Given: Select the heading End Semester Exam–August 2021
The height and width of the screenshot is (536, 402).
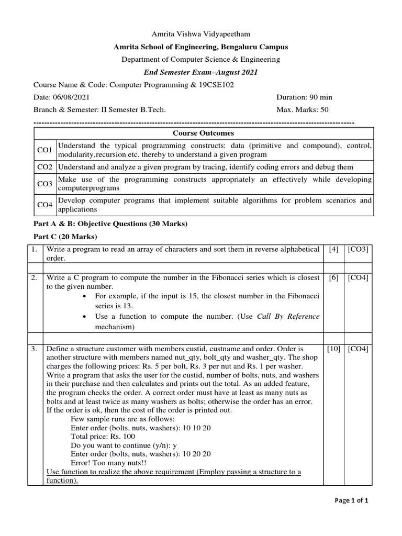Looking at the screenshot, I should (x=201, y=72).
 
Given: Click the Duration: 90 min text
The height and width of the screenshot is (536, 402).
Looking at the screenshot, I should (x=304, y=97).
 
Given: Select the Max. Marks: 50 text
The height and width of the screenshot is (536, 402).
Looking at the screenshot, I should (x=303, y=110).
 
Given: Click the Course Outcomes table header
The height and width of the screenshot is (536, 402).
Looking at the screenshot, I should (x=201, y=133).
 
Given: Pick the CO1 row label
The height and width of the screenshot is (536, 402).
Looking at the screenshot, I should (x=44, y=150).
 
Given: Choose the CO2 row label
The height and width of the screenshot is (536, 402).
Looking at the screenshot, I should (x=44, y=167).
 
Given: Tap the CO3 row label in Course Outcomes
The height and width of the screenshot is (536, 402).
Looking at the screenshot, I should (x=44, y=184).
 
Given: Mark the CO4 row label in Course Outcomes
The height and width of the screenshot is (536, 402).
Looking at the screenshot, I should (x=44, y=205).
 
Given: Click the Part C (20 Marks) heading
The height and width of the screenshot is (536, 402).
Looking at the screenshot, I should (x=63, y=237).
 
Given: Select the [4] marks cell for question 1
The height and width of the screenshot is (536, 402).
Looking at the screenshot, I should (x=333, y=250).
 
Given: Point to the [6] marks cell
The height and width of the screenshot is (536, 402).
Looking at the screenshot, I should (x=333, y=278).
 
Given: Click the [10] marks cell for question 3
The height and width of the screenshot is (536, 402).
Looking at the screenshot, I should (x=333, y=349).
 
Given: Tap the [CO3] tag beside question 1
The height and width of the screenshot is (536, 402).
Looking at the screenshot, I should (x=358, y=250).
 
